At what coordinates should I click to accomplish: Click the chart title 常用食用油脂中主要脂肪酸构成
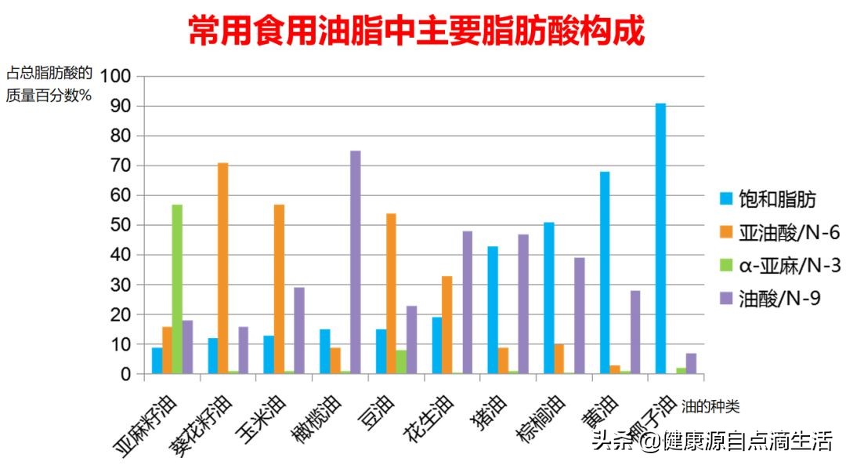click(x=416, y=32)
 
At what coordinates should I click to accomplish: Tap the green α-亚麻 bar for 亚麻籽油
click(x=177, y=289)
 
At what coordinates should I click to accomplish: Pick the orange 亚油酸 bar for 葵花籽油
click(x=223, y=268)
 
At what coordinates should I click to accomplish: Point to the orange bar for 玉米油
click(x=280, y=289)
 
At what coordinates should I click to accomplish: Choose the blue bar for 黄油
click(x=605, y=273)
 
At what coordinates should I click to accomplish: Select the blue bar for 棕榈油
click(x=548, y=298)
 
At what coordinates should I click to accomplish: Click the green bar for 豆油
click(x=401, y=361)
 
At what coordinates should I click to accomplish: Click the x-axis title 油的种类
click(x=710, y=406)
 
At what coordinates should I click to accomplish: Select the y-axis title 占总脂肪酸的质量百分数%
click(x=49, y=85)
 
